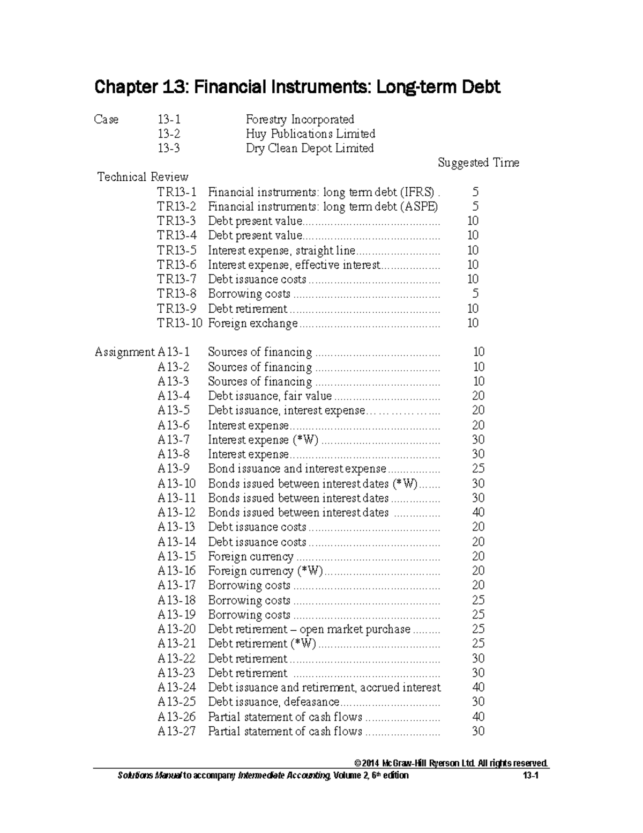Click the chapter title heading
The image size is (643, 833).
297,87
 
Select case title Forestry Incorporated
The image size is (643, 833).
300,119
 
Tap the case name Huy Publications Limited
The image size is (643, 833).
310,134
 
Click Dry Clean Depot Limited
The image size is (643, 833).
310,148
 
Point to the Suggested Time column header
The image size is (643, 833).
478,163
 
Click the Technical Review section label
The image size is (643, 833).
143,177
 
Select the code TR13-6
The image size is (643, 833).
176,264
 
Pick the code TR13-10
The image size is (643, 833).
180,323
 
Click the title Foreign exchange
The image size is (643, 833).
252,323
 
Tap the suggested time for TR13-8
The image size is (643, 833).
475,293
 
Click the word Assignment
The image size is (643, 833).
124,352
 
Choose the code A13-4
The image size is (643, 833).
173,396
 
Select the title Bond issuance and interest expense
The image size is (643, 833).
297,468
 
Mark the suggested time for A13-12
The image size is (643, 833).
478,512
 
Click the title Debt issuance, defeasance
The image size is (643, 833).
273,702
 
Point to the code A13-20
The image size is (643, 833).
176,629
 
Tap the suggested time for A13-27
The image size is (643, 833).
478,731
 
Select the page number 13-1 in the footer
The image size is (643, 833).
530,775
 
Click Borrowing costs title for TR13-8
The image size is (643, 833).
249,293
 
